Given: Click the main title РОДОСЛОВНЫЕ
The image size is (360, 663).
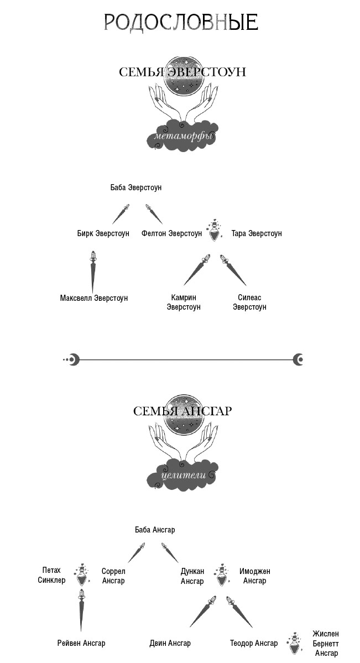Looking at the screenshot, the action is [x=181, y=22].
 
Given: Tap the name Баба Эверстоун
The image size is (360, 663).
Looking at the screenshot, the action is [x=136, y=187].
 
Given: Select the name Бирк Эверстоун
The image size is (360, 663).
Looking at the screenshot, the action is [x=103, y=233].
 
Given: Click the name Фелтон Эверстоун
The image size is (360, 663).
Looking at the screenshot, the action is [x=172, y=233].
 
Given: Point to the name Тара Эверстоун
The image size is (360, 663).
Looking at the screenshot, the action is [x=257, y=233].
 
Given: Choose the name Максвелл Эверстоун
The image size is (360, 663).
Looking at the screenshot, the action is [x=94, y=298].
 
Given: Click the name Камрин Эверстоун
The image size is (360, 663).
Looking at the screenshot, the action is [x=184, y=302].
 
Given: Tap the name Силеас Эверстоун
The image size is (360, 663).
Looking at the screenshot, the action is [x=249, y=302].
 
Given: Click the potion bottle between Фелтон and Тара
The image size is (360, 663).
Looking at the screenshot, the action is [x=215, y=231].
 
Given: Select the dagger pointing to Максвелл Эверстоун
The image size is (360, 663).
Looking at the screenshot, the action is [x=93, y=272].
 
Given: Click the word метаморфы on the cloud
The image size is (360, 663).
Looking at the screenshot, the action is [x=184, y=137].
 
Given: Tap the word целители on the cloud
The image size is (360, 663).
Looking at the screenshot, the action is [x=184, y=475].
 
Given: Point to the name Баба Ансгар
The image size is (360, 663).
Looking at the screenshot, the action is [x=155, y=530].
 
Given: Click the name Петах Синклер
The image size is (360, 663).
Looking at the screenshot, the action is [x=51, y=576].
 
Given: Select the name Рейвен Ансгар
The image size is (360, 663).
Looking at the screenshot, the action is [x=81, y=643].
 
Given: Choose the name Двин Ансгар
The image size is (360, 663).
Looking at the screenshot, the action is [x=170, y=643].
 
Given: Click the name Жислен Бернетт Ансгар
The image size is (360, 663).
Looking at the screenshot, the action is [x=326, y=643].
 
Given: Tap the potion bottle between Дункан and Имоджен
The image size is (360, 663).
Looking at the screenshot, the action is [x=222, y=575].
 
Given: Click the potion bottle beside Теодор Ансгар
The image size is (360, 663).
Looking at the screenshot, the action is [x=294, y=644].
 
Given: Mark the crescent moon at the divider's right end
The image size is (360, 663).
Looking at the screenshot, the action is [x=298, y=360].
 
